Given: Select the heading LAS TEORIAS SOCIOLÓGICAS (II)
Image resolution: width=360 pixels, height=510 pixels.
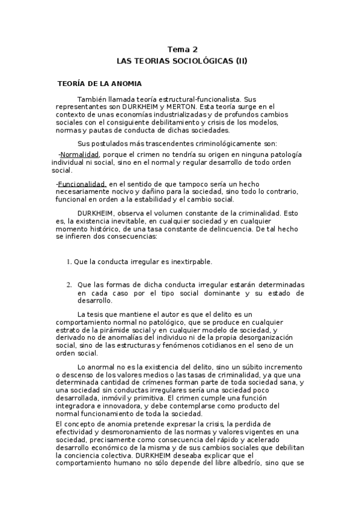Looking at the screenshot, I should [181, 61].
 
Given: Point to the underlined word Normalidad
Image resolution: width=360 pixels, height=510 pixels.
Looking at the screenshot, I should [79, 155].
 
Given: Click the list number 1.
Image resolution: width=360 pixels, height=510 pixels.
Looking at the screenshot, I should [69, 262].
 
